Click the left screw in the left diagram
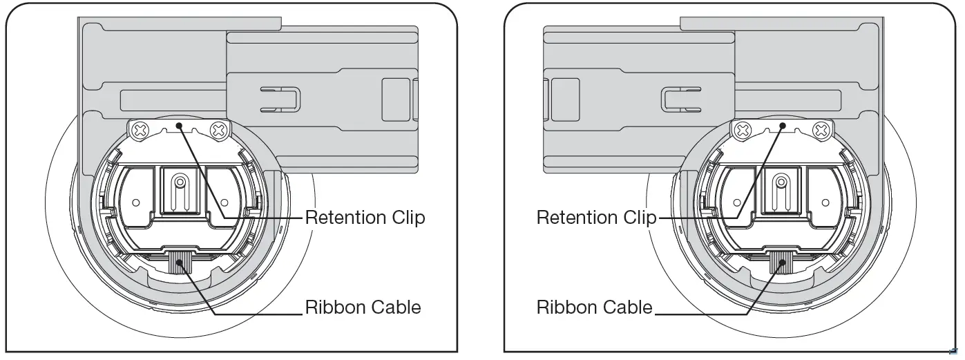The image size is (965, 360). [x=141, y=129]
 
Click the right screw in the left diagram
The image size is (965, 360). [x=219, y=129]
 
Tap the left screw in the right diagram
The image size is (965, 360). [x=743, y=129]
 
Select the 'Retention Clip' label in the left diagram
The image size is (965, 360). [x=365, y=217]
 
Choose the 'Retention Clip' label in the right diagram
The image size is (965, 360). [x=596, y=217]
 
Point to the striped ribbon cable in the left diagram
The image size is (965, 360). [x=180, y=263]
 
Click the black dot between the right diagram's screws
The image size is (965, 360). [x=782, y=125]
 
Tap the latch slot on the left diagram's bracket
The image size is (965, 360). [x=280, y=99]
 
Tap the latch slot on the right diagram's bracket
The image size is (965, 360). [x=681, y=99]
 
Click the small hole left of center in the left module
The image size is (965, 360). [x=136, y=203]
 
